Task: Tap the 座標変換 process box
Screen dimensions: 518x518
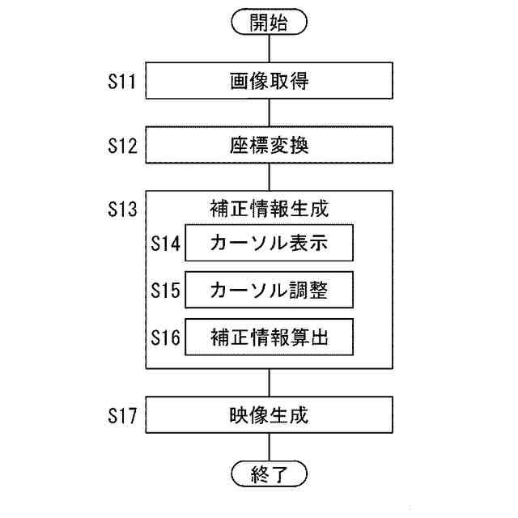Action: (270, 146)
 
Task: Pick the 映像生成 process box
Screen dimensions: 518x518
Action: (270, 418)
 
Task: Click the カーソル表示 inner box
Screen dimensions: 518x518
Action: (270, 243)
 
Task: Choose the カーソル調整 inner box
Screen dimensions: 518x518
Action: (270, 291)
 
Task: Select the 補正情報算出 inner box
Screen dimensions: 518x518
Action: (270, 338)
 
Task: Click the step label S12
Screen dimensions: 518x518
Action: (122, 146)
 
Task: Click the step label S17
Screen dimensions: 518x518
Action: (122, 418)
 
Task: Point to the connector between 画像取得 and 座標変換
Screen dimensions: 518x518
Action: (270, 114)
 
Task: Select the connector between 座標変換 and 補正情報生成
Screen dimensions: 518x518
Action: (270, 179)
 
